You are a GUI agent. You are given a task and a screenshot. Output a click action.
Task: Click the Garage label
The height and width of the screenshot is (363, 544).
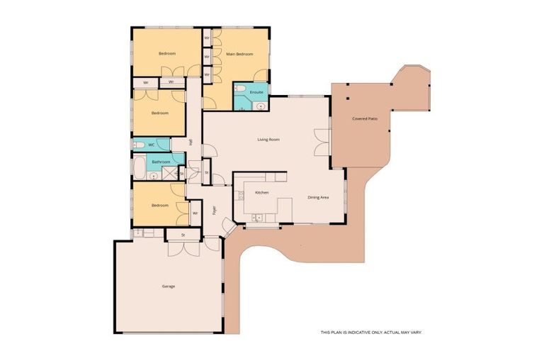point(168,286)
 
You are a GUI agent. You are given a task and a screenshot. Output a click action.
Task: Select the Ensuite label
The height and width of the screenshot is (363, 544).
point(256,92)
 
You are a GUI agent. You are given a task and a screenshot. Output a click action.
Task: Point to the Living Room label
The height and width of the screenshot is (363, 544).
point(268,140)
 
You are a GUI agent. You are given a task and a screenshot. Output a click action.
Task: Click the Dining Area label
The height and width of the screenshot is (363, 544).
point(317,197)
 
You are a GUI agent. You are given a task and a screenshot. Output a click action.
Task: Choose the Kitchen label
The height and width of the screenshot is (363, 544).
point(261,193)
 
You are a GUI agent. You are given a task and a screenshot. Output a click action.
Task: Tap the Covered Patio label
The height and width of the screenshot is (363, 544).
point(364,118)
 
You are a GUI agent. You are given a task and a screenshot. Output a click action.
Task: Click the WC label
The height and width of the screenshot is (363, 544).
point(151,145)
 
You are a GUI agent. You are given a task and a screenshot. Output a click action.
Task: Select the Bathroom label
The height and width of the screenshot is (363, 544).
point(161,162)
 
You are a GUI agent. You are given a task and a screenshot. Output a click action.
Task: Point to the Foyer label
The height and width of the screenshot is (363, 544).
point(214,210)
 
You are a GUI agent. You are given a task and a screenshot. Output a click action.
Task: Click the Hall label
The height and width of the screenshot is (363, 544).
point(191,142)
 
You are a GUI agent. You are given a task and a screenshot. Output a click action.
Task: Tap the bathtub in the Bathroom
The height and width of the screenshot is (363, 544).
point(140,169)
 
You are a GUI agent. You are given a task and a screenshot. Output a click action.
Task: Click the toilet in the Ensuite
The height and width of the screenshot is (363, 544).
point(241,89)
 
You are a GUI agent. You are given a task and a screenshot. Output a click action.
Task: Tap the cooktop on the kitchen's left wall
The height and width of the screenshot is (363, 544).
point(240,194)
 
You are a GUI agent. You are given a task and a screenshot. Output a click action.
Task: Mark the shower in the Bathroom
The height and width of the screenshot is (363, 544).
point(169,172)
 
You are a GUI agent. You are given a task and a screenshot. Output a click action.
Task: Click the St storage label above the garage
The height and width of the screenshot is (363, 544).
point(183,235)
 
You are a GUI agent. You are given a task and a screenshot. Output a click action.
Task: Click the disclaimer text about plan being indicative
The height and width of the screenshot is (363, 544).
point(371,332)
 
